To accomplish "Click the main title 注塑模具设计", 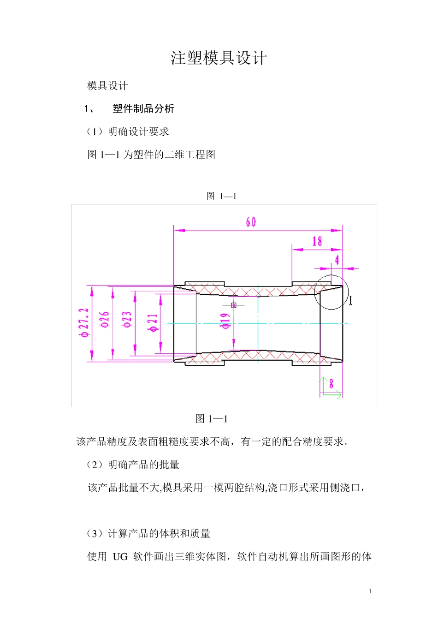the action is click(x=219, y=58).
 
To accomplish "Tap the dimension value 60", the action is click(x=251, y=222).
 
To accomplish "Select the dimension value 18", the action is click(x=317, y=241).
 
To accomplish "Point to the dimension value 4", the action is click(x=337, y=260).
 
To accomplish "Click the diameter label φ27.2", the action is click(x=84, y=323).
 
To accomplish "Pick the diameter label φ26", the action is click(x=106, y=320).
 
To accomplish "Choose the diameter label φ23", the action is click(x=127, y=320).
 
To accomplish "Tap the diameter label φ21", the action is click(x=153, y=322).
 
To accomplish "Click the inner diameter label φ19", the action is click(x=225, y=321).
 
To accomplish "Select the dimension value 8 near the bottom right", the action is click(x=331, y=383).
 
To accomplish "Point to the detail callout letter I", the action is click(x=351, y=301).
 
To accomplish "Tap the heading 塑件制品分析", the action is click(x=143, y=109).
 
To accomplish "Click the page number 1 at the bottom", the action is click(x=370, y=591).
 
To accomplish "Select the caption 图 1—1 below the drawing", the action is click(x=212, y=419).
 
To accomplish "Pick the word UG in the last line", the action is click(x=120, y=557).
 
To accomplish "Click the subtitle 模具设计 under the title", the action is click(x=107, y=86).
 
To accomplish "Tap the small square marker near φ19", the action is click(x=234, y=305).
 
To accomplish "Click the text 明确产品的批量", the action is click(x=143, y=465).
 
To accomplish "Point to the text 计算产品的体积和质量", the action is click(x=159, y=534).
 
